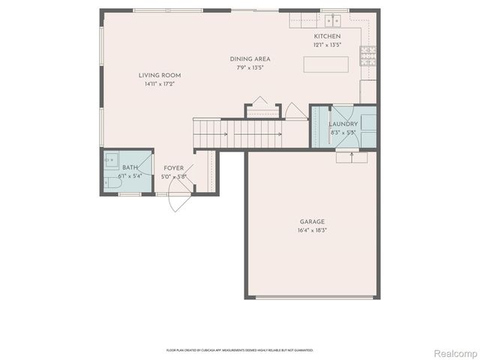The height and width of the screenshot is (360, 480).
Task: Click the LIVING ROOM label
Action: tap(159, 75)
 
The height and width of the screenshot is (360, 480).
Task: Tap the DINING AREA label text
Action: tap(250, 58)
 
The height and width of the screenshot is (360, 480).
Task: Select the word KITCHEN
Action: tap(327, 36)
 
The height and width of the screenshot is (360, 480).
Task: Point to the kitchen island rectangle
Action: tap(325, 64)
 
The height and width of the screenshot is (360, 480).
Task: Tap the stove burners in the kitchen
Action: tap(368, 52)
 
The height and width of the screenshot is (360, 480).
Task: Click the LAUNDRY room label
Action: tap(343, 124)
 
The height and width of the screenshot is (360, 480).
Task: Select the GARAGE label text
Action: tap(312, 221)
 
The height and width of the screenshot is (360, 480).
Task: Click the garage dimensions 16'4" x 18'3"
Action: tap(312, 229)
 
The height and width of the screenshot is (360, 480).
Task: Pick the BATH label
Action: tap(130, 167)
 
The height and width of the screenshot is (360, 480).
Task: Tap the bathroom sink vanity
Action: tap(110, 159)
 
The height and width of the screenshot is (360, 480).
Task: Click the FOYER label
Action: tap(173, 168)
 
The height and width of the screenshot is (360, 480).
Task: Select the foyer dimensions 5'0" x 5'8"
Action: tap(173, 176)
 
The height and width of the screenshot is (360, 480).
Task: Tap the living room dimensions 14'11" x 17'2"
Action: tap(159, 84)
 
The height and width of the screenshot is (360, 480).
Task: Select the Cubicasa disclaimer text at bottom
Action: tap(239, 349)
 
